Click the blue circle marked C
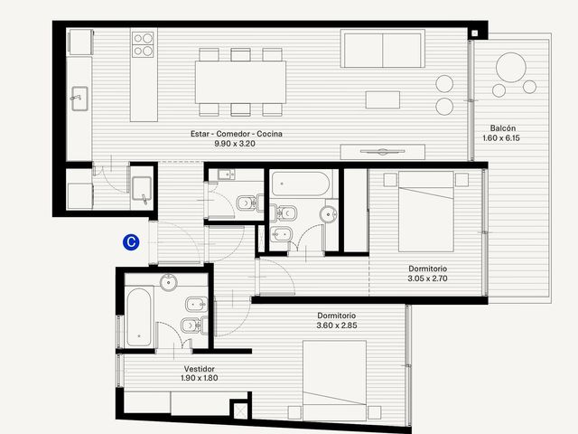coord(131,242)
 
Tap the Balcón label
coord(503,128)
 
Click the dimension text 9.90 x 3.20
coord(235,144)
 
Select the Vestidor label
coord(199,369)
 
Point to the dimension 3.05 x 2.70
coord(427,278)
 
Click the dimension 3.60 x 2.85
coord(337,325)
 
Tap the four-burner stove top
coord(144,44)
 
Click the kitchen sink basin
coord(79,99)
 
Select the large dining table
coord(241,82)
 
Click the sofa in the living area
coord(383,49)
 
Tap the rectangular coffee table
coord(383,99)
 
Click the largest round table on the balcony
coord(511,67)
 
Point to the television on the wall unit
coord(383,151)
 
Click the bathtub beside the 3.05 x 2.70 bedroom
coord(301,184)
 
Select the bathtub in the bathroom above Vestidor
coord(139,317)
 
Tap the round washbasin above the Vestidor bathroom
coord(169,282)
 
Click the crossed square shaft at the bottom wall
coord(240,411)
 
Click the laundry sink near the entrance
coord(142,189)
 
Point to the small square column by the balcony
coord(474,33)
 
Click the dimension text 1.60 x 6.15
coord(501,138)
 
